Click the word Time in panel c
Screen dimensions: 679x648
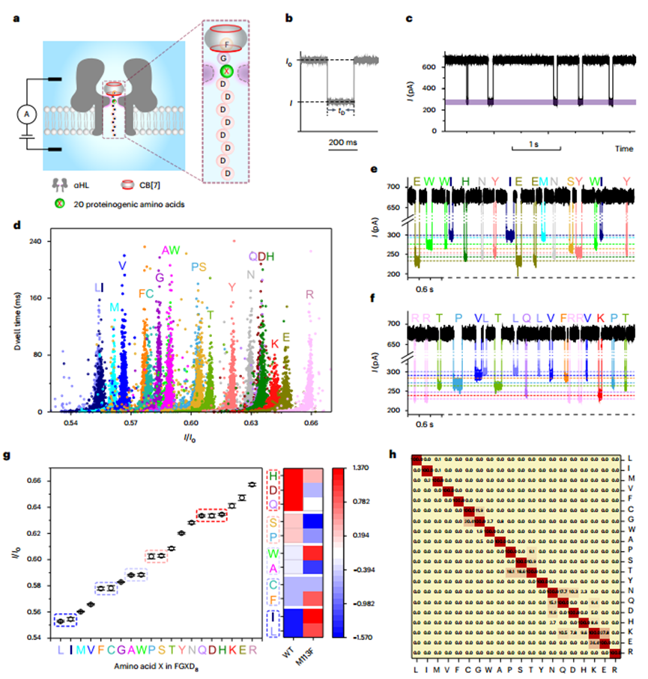point(626,150)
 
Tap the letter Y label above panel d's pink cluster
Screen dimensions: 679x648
point(231,286)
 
